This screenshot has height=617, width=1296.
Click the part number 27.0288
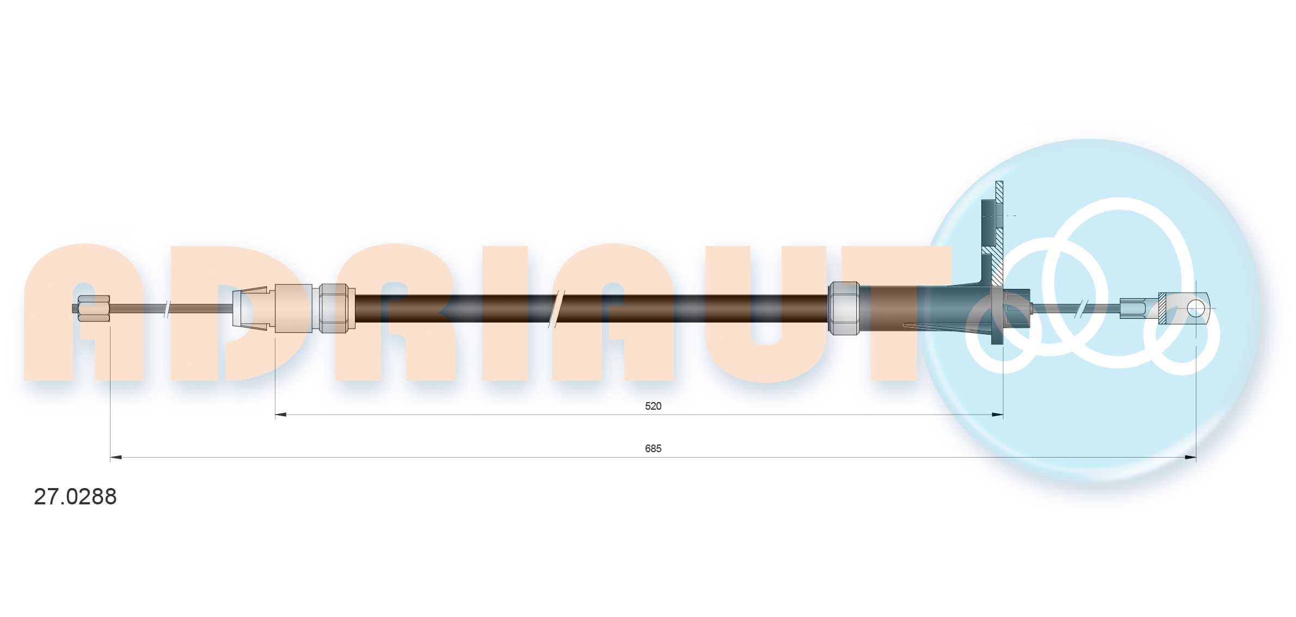(x=75, y=497)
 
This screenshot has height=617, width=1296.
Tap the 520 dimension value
(x=653, y=406)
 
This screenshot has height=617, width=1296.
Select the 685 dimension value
(x=653, y=448)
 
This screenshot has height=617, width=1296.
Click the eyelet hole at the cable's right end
(x=1195, y=308)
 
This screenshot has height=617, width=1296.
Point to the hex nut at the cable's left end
(x=94, y=308)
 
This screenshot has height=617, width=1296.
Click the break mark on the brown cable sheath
(x=559, y=309)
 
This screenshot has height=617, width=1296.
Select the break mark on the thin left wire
(x=167, y=309)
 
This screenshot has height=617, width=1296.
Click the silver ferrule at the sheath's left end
(x=333, y=308)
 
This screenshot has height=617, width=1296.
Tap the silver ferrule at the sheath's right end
(x=843, y=308)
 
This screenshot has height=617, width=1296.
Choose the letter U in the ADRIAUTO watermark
(x=765, y=316)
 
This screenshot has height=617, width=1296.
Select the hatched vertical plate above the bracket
(x=999, y=234)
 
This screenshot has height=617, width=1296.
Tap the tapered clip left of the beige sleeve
(x=250, y=308)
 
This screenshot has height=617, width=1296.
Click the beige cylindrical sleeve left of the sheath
(x=293, y=308)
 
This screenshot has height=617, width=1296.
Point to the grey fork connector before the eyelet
(x=1133, y=308)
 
